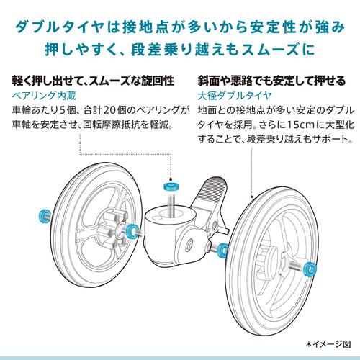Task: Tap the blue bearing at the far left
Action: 44,212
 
